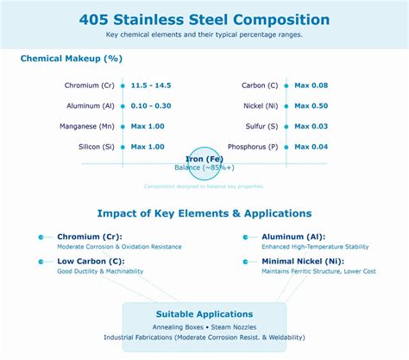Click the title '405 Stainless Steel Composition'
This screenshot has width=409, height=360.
click(x=204, y=19)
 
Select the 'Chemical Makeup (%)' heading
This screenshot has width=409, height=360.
click(x=71, y=59)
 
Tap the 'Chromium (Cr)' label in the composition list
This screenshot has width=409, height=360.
click(x=90, y=85)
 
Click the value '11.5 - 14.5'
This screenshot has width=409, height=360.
click(x=151, y=85)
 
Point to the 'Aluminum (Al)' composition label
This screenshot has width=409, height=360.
click(x=90, y=106)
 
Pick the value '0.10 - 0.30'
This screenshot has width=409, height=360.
click(x=151, y=106)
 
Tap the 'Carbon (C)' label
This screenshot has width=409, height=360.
click(x=260, y=85)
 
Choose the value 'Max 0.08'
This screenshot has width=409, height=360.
click(x=311, y=85)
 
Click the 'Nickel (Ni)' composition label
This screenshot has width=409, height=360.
click(x=260, y=106)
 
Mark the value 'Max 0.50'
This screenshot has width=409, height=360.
click(x=311, y=106)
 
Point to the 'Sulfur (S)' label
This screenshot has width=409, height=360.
click(x=261, y=127)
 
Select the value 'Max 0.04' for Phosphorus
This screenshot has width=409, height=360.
click(x=311, y=147)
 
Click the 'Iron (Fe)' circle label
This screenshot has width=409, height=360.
click(x=204, y=158)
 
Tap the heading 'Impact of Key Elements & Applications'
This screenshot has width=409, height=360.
click(x=204, y=213)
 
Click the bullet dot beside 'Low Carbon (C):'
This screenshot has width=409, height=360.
click(x=41, y=261)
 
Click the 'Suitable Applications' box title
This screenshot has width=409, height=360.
click(x=204, y=314)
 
